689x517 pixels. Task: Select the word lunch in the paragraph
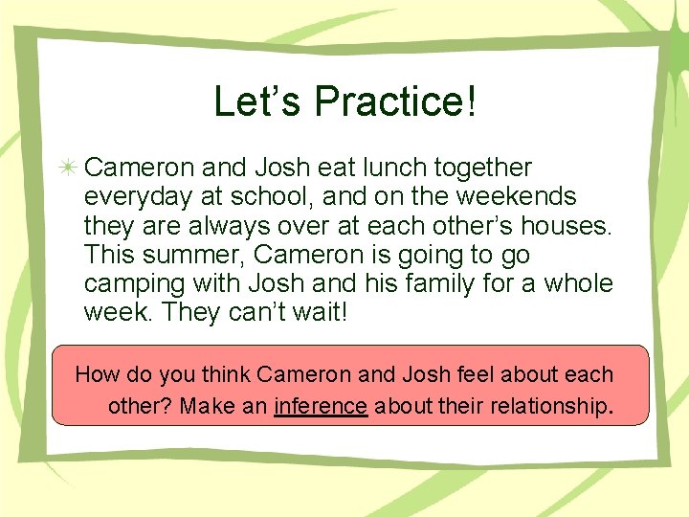coord(398,168)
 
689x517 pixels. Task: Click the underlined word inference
coord(321,406)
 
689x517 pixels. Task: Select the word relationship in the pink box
coord(549,406)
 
